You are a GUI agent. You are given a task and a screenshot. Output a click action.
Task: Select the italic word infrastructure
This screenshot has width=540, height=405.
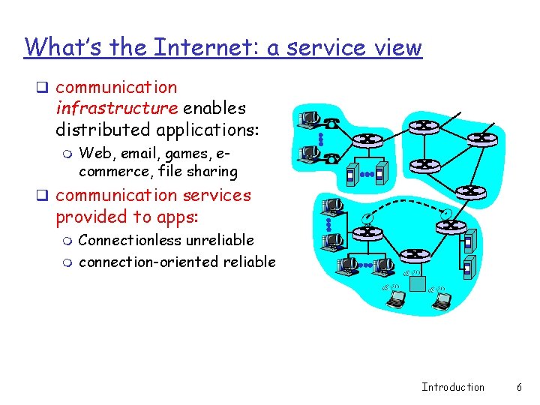116,108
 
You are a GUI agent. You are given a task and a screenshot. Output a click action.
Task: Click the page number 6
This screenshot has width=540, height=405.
518,387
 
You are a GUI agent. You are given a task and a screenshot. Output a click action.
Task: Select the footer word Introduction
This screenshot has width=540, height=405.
453,387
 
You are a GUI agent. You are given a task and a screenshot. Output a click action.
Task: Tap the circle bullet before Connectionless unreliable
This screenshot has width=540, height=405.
67,241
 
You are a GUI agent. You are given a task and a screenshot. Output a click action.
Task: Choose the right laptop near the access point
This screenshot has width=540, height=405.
442,300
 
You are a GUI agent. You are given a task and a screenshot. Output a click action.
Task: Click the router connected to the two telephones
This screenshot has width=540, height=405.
368,140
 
